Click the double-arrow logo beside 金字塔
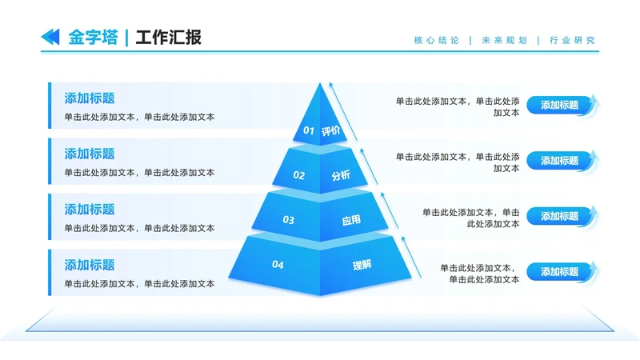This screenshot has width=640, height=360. click(x=50, y=36)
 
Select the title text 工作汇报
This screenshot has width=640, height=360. click(x=168, y=37)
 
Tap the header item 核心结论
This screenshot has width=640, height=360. click(x=436, y=40)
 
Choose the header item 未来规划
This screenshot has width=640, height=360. click(x=504, y=40)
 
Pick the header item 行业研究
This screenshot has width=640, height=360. click(x=573, y=40)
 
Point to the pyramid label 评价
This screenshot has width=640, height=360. click(x=330, y=131)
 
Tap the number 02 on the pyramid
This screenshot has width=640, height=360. click(x=299, y=175)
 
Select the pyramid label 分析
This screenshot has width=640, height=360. click(x=341, y=175)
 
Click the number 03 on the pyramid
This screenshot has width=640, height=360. click(x=289, y=219)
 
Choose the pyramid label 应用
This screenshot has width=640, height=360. click(x=351, y=219)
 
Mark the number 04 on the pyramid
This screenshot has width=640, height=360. click(x=278, y=264)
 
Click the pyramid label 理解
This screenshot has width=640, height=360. click(x=362, y=264)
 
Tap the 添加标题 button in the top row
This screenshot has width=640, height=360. click(x=560, y=105)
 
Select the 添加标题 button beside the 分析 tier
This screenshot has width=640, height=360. click(x=560, y=161)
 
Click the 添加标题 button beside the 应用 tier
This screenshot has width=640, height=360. click(x=560, y=216)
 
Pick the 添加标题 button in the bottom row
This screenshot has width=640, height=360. click(x=560, y=272)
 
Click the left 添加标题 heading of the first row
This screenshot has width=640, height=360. click(x=90, y=98)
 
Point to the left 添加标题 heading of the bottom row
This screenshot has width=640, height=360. click(x=90, y=265)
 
